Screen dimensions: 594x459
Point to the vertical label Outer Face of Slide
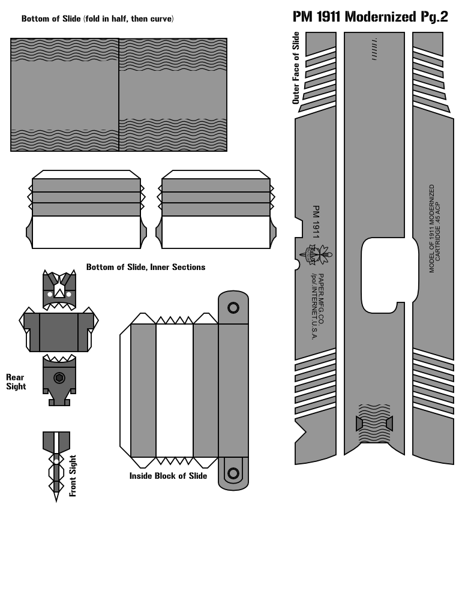pyautogui.click(x=296, y=68)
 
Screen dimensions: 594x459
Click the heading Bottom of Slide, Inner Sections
pyautogui.click(x=146, y=267)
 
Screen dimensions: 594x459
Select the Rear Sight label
pyautogui.click(x=16, y=382)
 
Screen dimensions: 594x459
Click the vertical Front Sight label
pyautogui.click(x=73, y=476)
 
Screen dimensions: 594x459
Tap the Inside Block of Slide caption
pyautogui.click(x=168, y=476)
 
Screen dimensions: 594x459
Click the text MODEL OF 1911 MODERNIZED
pyautogui.click(x=431, y=229)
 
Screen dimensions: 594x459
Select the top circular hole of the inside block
pyautogui.click(x=233, y=308)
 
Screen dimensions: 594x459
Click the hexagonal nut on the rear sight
pyautogui.click(x=59, y=378)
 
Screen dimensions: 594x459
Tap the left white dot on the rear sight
pyautogui.click(x=50, y=295)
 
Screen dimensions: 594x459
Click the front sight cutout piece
pyautogui.click(x=56, y=462)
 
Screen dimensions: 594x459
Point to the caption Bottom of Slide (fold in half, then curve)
pyautogui.click(x=97, y=19)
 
